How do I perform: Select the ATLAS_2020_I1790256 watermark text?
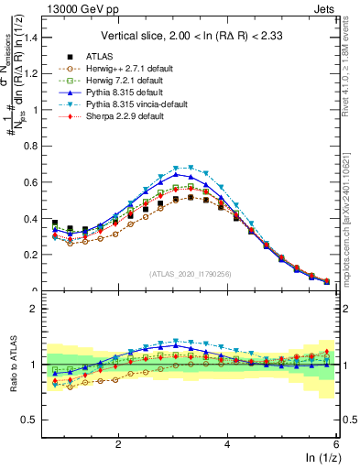(191, 274)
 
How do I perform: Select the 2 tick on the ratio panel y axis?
(33, 309)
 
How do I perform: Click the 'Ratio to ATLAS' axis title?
(11, 365)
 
